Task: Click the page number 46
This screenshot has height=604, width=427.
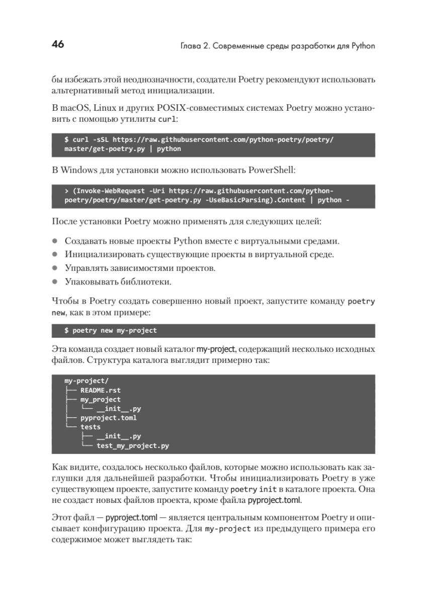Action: point(58,45)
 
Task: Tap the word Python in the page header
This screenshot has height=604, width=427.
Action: point(363,46)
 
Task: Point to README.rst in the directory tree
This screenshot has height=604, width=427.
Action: point(101,390)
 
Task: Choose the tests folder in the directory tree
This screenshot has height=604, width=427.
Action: point(91,427)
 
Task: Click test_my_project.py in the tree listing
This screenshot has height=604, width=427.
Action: point(133,445)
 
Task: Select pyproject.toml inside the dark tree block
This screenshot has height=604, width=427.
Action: point(109,417)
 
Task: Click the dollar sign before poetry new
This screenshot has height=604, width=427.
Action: point(66,331)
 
